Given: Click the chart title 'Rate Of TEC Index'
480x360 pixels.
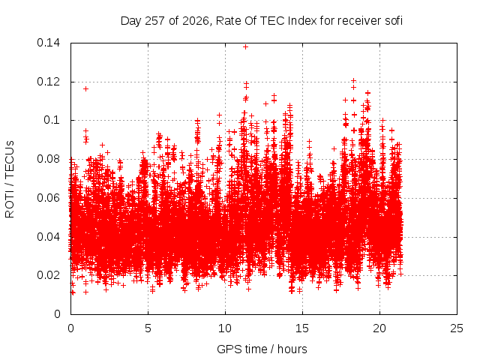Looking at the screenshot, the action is pos(266,21).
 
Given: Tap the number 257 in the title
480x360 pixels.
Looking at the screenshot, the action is pos(155,21).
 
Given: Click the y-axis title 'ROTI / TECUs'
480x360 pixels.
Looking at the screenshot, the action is pos(10,179).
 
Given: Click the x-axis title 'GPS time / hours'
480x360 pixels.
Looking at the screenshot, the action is pos(262,349).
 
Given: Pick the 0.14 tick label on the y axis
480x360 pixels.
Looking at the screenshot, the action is pos(48,43).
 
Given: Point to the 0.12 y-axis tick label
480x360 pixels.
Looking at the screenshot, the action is pos(48,82).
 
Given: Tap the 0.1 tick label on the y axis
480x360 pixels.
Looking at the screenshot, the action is pos(52,120).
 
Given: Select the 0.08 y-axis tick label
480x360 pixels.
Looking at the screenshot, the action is pos(48,159).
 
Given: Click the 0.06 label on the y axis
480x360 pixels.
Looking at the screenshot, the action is pos(48,198).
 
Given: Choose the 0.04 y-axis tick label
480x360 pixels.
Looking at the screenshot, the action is pos(48,237).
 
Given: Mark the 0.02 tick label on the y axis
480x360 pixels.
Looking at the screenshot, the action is pos(48,275).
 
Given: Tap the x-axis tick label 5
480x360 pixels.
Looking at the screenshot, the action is pos(148,328).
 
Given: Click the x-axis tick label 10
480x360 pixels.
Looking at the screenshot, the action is pos(225,328).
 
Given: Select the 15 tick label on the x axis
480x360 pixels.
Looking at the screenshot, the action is pos(302,328).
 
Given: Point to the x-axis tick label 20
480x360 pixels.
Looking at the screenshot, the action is pos(379,328).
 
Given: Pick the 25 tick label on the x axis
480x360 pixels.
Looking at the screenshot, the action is pos(457,328).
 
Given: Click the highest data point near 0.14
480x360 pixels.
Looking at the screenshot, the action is pos(245,46).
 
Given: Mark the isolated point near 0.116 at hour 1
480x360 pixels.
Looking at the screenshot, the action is pos(86,88).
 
